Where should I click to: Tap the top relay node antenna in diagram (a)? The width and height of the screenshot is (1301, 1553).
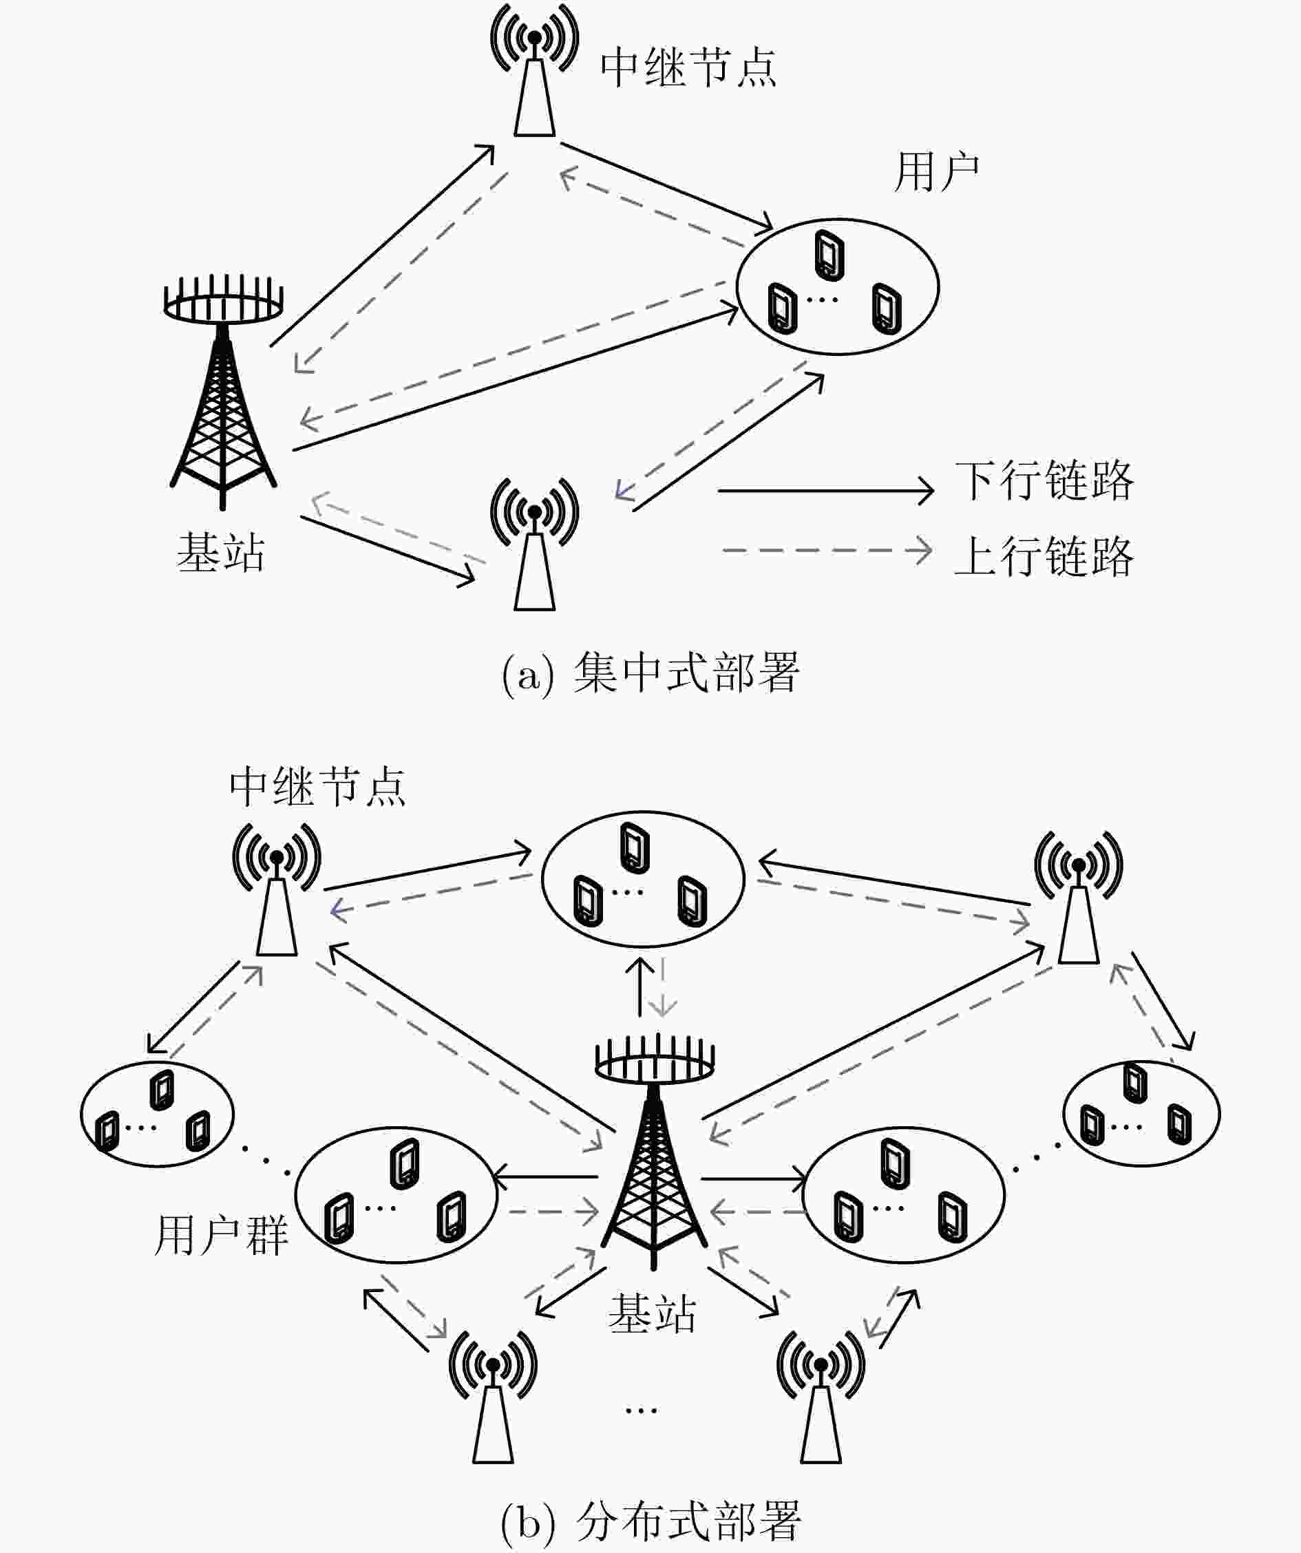(x=534, y=70)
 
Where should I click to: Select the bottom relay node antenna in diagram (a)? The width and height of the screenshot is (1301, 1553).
(x=534, y=545)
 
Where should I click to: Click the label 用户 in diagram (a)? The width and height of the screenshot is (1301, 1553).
(x=937, y=172)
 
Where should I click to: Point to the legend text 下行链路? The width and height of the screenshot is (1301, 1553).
(x=1044, y=480)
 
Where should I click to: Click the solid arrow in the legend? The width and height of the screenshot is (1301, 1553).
(x=825, y=490)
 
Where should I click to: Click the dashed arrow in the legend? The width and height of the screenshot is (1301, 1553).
(x=827, y=551)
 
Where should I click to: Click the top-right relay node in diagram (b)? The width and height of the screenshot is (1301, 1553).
(x=1079, y=896)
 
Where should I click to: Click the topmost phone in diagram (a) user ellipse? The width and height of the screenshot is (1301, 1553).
(x=829, y=256)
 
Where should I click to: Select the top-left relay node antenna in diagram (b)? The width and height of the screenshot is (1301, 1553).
(x=277, y=889)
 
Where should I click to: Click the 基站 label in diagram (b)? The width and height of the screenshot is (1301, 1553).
(x=653, y=1314)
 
